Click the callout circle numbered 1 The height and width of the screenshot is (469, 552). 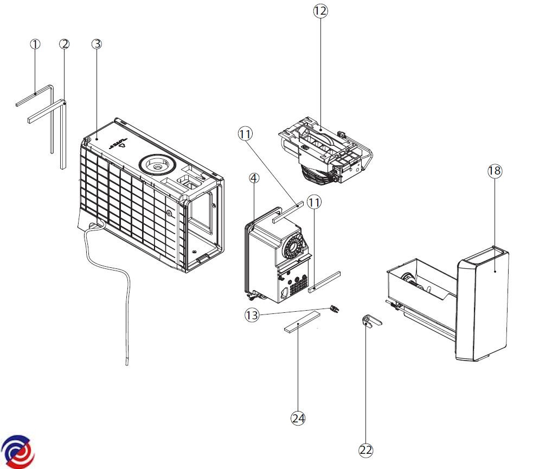tap(35, 44)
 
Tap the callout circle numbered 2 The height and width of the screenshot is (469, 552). tap(65, 44)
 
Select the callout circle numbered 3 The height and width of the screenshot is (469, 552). tap(97, 44)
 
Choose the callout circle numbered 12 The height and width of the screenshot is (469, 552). tap(320, 11)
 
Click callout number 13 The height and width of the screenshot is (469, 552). tap(251, 314)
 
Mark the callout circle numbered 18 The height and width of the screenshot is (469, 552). tap(495, 171)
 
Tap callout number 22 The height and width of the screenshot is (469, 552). tap(366, 449)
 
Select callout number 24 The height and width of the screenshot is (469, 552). tap(298, 418)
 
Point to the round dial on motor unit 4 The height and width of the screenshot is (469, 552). tap(293, 247)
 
